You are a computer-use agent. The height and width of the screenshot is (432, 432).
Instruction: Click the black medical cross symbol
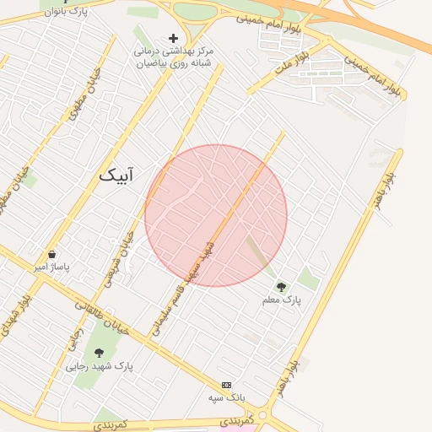[x=174, y=38]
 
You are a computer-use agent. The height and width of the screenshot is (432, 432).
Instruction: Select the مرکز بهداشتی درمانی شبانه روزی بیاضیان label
[x=174, y=57]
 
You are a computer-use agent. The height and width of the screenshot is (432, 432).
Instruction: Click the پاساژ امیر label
[x=51, y=267]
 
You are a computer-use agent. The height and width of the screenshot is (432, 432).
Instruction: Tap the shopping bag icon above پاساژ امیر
[x=52, y=254]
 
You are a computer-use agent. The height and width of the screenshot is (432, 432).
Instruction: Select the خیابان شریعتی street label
[x=124, y=254]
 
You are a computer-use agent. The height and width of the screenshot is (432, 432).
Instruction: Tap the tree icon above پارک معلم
[x=281, y=287]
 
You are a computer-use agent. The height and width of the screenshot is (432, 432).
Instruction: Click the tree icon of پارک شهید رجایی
[x=100, y=354]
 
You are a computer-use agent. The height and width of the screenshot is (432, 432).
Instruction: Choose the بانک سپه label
[x=226, y=397]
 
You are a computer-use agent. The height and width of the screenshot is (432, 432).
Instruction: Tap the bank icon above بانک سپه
[x=226, y=384]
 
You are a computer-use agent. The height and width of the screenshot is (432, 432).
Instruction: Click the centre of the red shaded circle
[x=216, y=216]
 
